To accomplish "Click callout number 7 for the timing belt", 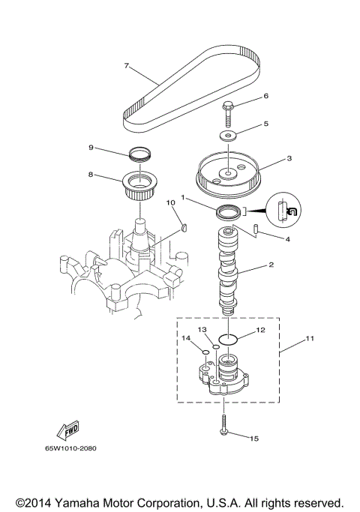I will click(127, 65).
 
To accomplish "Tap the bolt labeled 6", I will click(228, 111).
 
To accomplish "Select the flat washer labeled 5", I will click(227, 135).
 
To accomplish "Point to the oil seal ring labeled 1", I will click(229, 213).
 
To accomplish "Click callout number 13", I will click(202, 329).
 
